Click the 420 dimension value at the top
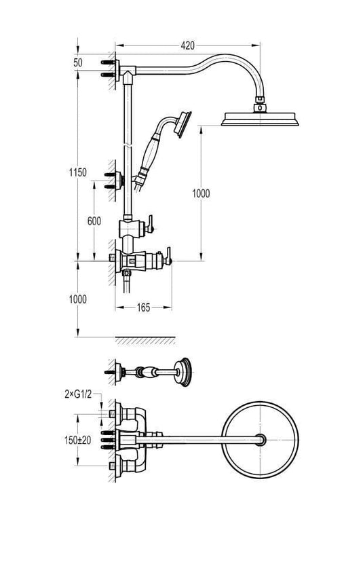pos(188,45)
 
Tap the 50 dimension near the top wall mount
pos(78,62)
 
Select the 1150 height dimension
pos(78,173)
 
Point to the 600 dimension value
pos(94,221)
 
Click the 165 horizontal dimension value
pos(142,308)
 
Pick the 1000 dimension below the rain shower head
pos(200,193)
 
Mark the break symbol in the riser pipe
pos(127,145)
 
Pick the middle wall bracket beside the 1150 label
pos(118,180)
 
